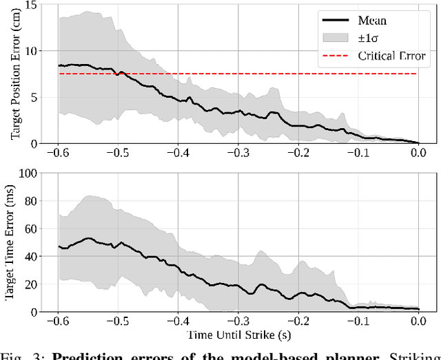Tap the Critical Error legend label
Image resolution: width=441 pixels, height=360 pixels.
point(391,56)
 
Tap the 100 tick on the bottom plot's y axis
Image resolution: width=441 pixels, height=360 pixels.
point(29,173)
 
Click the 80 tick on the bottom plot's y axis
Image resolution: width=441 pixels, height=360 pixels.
point(32,201)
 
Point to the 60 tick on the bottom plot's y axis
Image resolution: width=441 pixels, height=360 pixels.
point(32,229)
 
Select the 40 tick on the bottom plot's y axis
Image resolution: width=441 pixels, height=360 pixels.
point(32,256)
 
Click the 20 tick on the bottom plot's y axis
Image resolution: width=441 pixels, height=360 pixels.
point(32,284)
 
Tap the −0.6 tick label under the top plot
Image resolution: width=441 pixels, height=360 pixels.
point(58,153)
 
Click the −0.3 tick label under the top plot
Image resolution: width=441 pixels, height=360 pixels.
point(238,153)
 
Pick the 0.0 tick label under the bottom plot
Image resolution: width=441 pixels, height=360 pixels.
point(418,321)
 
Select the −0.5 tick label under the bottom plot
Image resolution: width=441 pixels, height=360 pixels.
point(118,321)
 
